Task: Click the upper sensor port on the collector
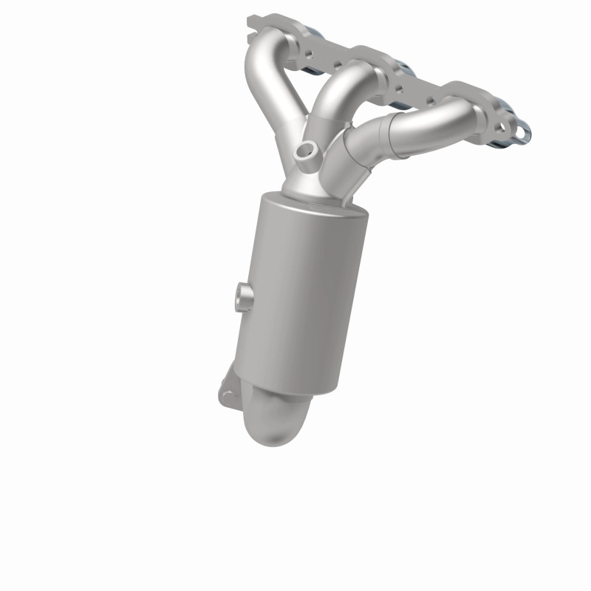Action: [x=302, y=151]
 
